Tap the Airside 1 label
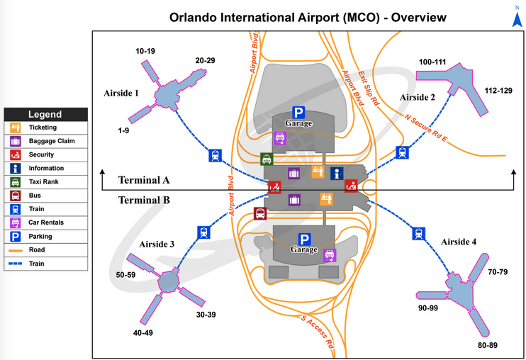pyautogui.click(x=121, y=93)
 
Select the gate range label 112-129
pyautogui.click(x=499, y=91)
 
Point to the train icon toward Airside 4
pyautogui.click(x=418, y=232)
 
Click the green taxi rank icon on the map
pyautogui.click(x=267, y=159)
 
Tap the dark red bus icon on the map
pyautogui.click(x=260, y=213)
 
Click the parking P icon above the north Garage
pyautogui.click(x=298, y=112)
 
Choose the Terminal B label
pyautogui.click(x=144, y=200)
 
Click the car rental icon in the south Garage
pyautogui.click(x=330, y=255)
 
